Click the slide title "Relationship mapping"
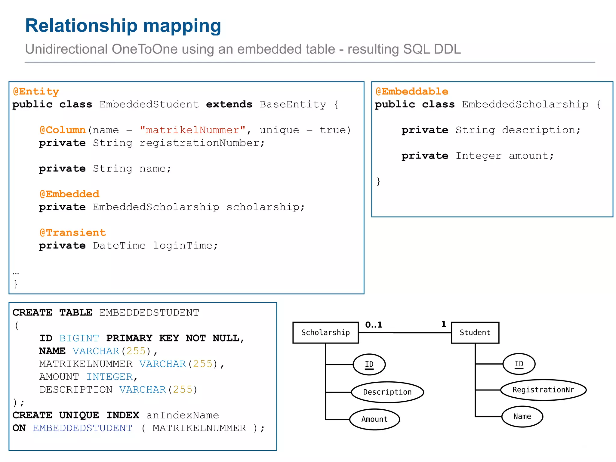[123, 26]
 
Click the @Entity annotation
[36, 91]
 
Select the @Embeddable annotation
[412, 91]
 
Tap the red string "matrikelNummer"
[192, 130]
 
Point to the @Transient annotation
[73, 233]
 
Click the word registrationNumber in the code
[202, 143]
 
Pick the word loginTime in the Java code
[185, 245]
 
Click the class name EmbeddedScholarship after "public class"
[525, 104]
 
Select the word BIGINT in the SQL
[79, 338]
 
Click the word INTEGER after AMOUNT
[110, 377]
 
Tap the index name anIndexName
[183, 415]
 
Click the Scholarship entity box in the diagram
[325, 332]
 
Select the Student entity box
[475, 332]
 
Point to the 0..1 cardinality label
[374, 325]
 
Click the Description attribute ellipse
[387, 392]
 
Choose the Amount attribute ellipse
[374, 419]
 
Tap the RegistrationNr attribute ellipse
[543, 390]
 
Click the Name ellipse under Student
[522, 416]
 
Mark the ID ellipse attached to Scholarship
[369, 364]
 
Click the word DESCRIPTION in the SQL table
[76, 390]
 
